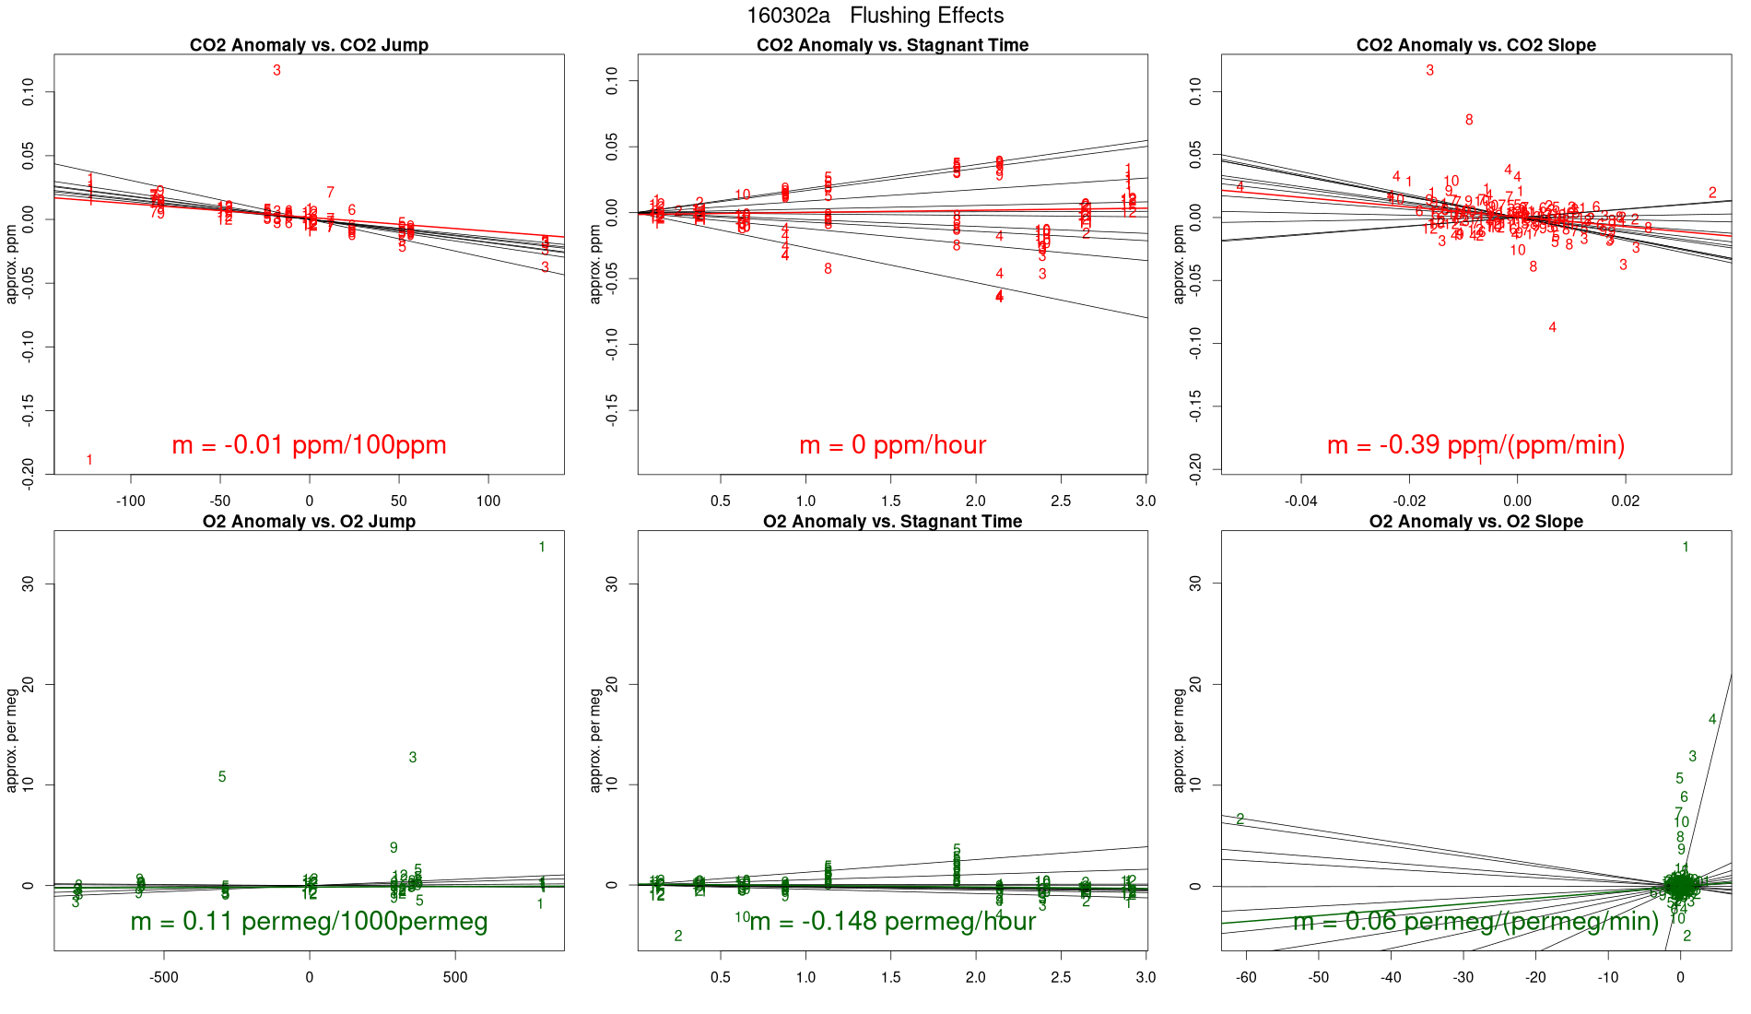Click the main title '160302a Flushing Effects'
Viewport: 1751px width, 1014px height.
[875, 16]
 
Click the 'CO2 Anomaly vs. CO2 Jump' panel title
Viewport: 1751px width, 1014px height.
[309, 45]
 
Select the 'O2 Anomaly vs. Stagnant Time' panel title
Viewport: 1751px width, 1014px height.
[892, 522]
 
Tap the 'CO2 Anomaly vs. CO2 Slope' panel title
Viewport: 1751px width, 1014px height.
[1475, 45]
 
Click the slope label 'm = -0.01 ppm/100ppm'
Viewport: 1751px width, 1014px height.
[309, 445]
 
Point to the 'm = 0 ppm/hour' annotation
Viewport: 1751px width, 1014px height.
[892, 445]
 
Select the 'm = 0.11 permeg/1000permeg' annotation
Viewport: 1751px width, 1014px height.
[309, 922]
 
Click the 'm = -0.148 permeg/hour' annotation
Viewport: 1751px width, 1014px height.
[892, 922]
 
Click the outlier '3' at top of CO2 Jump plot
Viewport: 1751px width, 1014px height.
[276, 70]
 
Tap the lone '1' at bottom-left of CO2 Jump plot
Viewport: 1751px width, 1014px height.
[89, 460]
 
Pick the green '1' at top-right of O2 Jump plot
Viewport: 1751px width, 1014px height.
[542, 548]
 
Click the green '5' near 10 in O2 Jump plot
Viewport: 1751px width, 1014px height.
[222, 777]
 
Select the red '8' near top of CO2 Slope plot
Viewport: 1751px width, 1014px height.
[1469, 120]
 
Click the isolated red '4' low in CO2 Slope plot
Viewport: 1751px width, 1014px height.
[1553, 327]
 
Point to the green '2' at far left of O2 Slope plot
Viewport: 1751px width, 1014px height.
[1240, 819]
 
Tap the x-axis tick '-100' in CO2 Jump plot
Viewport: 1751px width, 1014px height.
[131, 501]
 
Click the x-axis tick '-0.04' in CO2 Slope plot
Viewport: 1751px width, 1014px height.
[1301, 501]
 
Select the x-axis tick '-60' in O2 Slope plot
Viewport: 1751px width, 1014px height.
[1246, 978]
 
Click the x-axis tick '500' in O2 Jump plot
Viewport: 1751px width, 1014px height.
[455, 978]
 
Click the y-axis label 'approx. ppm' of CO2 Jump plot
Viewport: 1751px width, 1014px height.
[12, 264]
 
